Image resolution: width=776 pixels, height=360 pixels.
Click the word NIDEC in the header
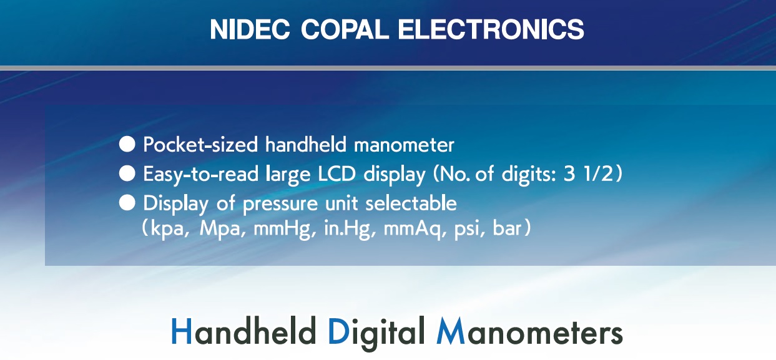click(x=250, y=29)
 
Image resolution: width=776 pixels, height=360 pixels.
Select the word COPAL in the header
click(x=345, y=29)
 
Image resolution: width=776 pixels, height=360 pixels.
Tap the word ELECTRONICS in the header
click(x=491, y=29)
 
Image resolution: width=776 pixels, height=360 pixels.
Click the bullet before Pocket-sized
click(x=127, y=144)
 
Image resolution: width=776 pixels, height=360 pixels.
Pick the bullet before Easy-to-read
click(x=127, y=173)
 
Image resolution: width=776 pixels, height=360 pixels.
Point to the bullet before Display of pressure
click(x=127, y=203)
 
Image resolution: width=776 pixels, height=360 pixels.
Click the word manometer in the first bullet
click(x=404, y=145)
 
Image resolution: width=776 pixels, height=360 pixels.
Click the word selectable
click(x=411, y=203)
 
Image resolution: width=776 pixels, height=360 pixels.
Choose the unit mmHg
click(x=282, y=229)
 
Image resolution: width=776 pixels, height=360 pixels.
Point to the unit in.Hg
click(x=347, y=229)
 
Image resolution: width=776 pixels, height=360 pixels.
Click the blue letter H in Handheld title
click(x=182, y=331)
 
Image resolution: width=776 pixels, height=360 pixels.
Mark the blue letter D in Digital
click(x=338, y=331)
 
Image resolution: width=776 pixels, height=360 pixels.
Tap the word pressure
click(x=280, y=204)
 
